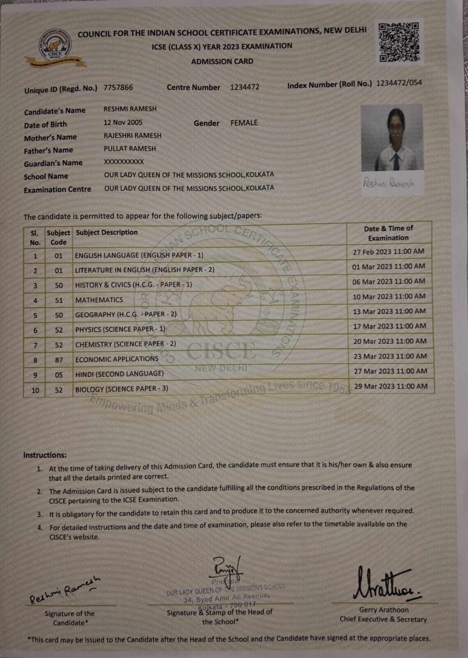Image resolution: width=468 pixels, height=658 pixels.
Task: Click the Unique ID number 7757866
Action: tap(118, 87)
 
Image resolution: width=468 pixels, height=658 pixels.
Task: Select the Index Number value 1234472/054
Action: tap(399, 83)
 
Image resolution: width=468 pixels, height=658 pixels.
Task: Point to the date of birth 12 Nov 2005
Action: tap(123, 122)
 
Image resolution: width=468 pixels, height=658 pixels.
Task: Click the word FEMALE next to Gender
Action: tap(244, 123)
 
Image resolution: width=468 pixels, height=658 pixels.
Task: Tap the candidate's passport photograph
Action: tap(392, 138)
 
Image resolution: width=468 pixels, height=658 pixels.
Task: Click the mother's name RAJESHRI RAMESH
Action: tap(132, 135)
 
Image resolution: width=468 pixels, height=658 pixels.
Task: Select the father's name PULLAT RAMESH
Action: tap(129, 148)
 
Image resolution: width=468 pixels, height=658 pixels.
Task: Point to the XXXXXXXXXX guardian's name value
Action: tap(124, 162)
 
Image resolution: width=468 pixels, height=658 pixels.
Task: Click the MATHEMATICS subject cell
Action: tap(99, 300)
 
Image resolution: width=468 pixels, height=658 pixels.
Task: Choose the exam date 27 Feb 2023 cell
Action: tap(388, 251)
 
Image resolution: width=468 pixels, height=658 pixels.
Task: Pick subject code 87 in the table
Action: tap(59, 360)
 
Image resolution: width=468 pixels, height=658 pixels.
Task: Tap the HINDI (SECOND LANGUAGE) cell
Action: tap(119, 373)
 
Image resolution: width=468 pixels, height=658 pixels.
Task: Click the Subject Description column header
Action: tap(107, 232)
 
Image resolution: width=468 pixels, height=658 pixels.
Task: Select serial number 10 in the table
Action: tap(35, 390)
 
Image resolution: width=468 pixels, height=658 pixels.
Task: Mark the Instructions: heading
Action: tap(45, 455)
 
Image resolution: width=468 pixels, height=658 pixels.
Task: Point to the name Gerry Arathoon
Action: tap(384, 610)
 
